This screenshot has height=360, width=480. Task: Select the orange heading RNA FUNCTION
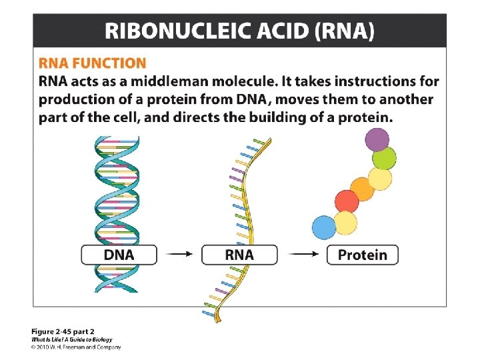pyautogui.click(x=92, y=63)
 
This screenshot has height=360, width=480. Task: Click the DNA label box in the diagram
pyautogui.click(x=119, y=255)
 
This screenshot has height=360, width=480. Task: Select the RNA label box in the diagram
pyautogui.click(x=239, y=255)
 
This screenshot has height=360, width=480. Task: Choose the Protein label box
pyautogui.click(x=362, y=255)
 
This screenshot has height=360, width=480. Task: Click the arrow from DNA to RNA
pyautogui.click(x=179, y=255)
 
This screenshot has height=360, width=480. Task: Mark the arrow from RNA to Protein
pyautogui.click(x=301, y=255)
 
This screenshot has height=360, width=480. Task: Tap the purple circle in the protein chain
pyautogui.click(x=377, y=140)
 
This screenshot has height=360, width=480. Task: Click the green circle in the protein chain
pyautogui.click(x=384, y=159)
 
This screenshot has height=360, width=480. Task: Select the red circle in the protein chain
pyautogui.click(x=346, y=201)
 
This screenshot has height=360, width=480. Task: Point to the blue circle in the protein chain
pyautogui.click(x=324, y=227)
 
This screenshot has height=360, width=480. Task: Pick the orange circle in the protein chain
pyautogui.click(x=362, y=189)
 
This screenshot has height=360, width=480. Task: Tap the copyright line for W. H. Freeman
pyautogui.click(x=76, y=347)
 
